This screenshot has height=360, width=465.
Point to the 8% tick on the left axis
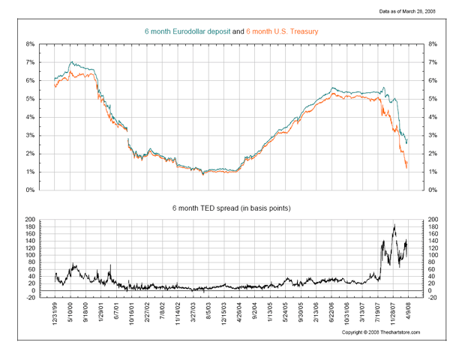pos(29,44)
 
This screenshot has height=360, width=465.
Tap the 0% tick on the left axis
pos(29,190)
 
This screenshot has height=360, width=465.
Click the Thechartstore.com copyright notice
pos(381,331)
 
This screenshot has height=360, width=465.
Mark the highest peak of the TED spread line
pos(394,223)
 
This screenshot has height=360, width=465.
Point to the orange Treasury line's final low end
pos(406,167)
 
